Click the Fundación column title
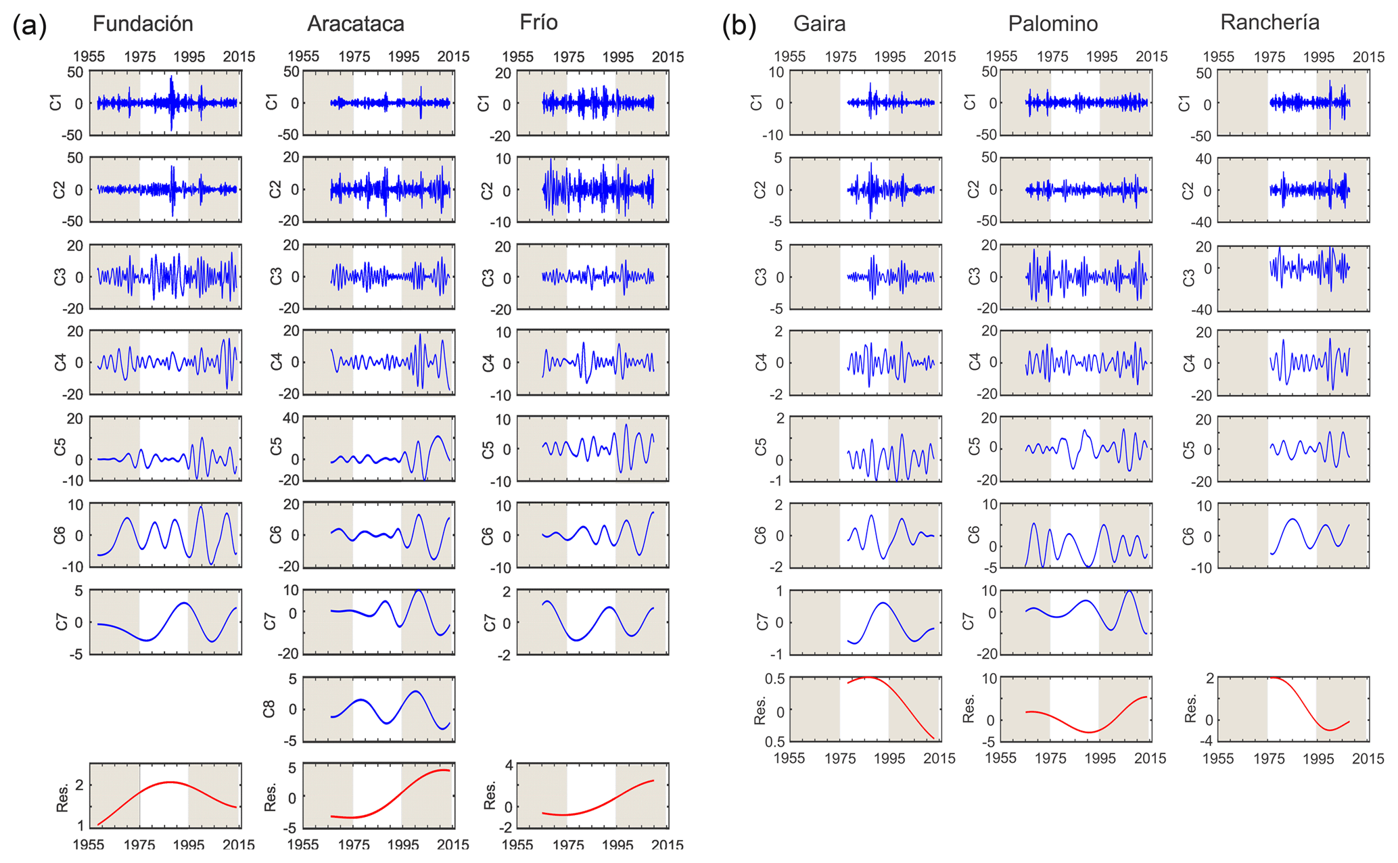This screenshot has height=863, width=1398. tap(143, 24)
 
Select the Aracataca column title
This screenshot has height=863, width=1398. tap(355, 24)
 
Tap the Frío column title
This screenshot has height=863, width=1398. tap(538, 22)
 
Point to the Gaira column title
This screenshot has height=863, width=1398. tap(819, 24)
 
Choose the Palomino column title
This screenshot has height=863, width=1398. tap(1052, 24)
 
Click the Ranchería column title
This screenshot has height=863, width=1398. tap(1269, 22)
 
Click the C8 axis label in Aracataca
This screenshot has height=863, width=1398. tap(269, 709)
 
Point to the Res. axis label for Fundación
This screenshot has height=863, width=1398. tap(62, 797)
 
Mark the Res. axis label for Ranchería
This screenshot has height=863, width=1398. tap(1190, 709)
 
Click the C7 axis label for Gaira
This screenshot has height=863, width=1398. tap(762, 622)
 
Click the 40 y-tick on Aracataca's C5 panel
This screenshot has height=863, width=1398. tap(291, 419)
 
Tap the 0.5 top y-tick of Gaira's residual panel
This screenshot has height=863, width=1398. tap(774, 678)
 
